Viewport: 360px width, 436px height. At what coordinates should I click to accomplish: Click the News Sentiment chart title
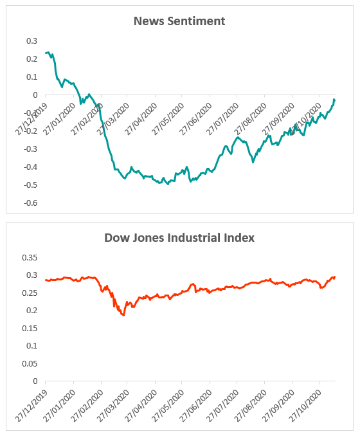click(179, 21)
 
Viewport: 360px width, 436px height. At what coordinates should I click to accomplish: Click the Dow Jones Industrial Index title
click(179, 238)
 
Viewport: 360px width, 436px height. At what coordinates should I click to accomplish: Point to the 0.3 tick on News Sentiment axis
click(32, 41)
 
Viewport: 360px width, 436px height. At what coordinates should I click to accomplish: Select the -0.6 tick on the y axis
click(30, 203)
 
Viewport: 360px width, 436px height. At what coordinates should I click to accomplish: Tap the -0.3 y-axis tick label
click(30, 149)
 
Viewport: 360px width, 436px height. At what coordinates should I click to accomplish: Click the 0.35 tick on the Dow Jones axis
click(30, 257)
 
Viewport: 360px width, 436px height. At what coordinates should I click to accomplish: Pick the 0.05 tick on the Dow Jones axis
click(30, 363)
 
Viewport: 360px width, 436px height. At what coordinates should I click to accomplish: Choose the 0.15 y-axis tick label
click(30, 328)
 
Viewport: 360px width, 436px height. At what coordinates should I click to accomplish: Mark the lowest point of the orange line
click(123, 315)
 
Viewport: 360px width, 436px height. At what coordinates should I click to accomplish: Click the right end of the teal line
click(335, 100)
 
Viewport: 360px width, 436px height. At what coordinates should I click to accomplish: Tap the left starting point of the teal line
click(46, 53)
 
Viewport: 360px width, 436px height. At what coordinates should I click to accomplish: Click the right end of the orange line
click(335, 277)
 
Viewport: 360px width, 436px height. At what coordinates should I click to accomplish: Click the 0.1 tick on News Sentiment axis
click(32, 77)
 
